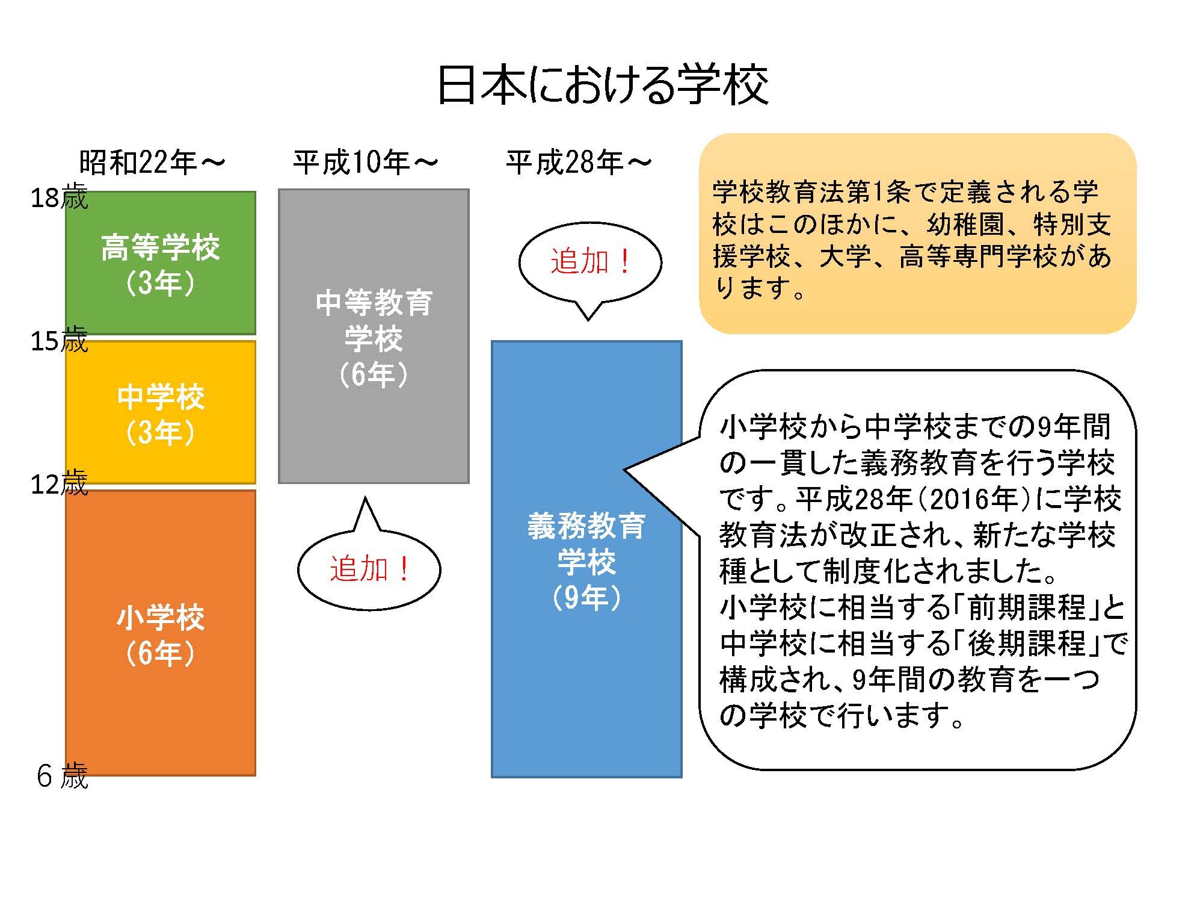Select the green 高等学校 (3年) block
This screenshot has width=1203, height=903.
[x=161, y=263]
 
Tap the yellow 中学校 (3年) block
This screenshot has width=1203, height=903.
[x=161, y=412]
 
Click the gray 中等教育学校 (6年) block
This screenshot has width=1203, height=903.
[x=374, y=337]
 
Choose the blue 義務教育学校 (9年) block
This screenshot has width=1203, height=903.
[x=586, y=559]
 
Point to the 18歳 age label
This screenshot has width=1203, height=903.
[x=59, y=197]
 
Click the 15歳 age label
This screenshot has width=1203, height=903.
[x=59, y=341]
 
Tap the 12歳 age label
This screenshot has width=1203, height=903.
[x=59, y=484]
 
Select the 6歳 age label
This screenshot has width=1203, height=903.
[x=62, y=776]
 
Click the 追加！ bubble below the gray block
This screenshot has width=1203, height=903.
[x=369, y=569]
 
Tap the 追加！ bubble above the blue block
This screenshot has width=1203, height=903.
[x=589, y=262]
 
